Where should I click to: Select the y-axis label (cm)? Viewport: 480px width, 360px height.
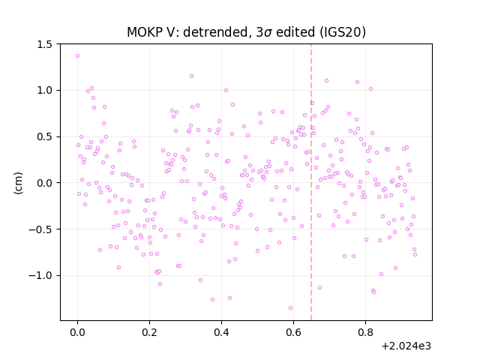pos(18,183)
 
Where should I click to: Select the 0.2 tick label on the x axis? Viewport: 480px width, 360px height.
pos(149,332)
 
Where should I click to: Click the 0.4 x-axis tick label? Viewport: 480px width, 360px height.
pos(221,332)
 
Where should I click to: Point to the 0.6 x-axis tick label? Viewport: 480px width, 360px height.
pos(293,332)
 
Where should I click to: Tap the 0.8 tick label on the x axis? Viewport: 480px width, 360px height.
pos(365,332)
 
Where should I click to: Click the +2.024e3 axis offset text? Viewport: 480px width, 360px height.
pos(406,346)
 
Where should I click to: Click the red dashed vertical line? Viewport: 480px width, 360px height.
pos(311,182)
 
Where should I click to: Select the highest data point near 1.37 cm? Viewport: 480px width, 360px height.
pos(78,56)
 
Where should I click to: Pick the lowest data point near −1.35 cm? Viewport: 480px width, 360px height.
pos(290,308)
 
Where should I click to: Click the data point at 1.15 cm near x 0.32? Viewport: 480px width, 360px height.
pos(192,76)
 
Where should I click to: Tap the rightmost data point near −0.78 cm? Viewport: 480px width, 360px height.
pos(415,255)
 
